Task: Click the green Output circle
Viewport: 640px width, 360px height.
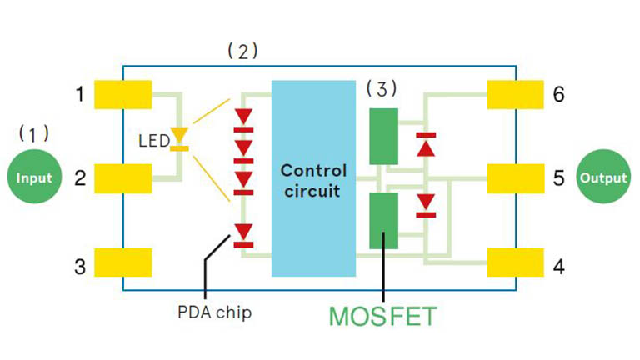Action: tap(603, 177)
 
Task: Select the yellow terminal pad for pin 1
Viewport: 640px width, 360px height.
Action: tap(123, 94)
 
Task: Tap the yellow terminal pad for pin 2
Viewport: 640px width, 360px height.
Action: tap(123, 177)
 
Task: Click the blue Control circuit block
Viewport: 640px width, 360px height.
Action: tap(313, 179)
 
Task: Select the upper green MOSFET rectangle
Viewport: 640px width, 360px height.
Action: tap(383, 136)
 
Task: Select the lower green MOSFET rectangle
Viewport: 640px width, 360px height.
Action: tap(383, 220)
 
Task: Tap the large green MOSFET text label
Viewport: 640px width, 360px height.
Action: tap(382, 316)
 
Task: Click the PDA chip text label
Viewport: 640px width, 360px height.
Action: tap(214, 312)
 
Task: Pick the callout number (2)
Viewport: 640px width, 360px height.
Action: tap(242, 51)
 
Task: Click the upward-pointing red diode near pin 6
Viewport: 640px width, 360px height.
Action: tap(427, 145)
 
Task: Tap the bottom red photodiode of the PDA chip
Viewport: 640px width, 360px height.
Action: tap(244, 233)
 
